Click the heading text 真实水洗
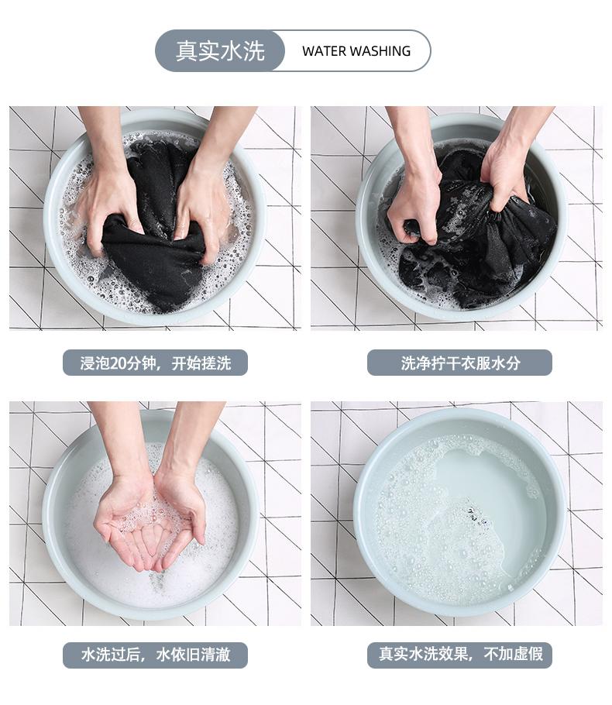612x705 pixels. pos(220,51)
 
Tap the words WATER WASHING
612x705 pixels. pos(356,51)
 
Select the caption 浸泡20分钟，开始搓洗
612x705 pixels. pos(155,363)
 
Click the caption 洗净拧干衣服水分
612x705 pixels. pos(460,363)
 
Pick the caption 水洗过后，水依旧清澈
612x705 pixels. pos(155,654)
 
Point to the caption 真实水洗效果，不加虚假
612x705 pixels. pos(460,654)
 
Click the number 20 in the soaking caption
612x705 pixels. pos(119,363)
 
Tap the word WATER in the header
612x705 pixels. pos(325,51)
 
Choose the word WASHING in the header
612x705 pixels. pos(380,51)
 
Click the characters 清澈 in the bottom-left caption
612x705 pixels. pos(216,654)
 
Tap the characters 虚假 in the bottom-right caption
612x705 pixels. pos(528,654)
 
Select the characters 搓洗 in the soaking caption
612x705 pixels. pos(216,363)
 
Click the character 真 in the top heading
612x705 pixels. pos(187,51)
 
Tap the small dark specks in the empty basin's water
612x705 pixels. pos(476,516)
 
